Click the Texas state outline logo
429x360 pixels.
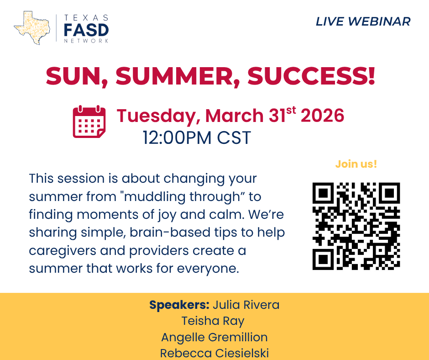point(32,28)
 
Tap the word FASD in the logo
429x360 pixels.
point(86,30)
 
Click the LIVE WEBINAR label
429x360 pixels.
point(363,21)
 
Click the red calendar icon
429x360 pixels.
point(89,122)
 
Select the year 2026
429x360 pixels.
point(322,115)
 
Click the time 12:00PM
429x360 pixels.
point(177,138)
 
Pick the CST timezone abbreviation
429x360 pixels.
point(234,138)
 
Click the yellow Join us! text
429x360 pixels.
point(356,164)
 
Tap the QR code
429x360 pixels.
point(356,226)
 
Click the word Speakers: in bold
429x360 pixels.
point(179,305)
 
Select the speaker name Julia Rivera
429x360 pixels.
point(246,305)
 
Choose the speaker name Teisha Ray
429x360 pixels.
point(213,321)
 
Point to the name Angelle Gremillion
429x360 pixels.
point(214,337)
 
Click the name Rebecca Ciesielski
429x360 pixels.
point(214,353)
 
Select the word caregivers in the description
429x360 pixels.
point(63,251)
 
